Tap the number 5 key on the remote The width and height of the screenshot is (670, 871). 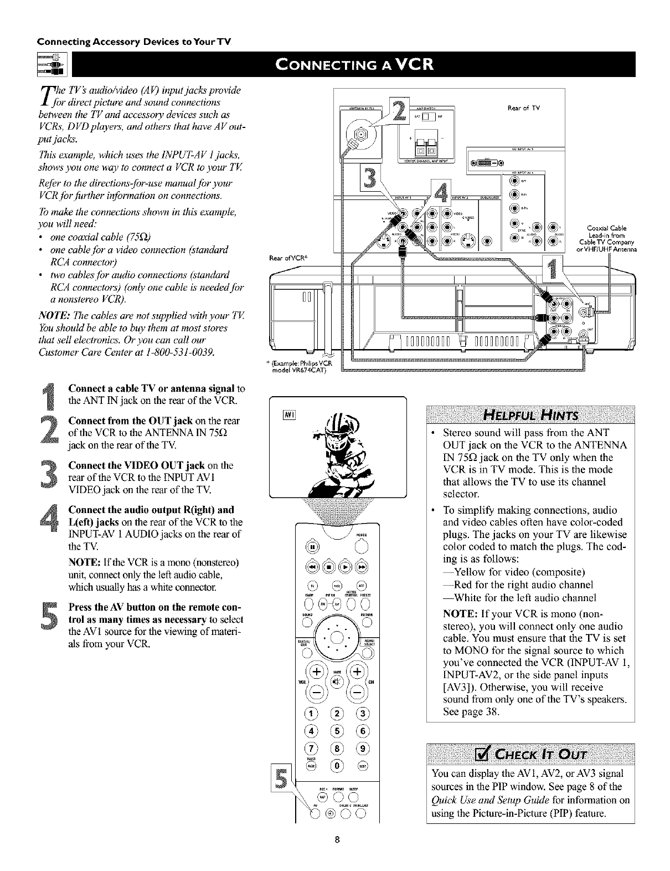point(336,731)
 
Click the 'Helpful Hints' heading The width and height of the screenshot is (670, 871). point(530,416)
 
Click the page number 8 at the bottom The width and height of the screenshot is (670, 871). point(336,856)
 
